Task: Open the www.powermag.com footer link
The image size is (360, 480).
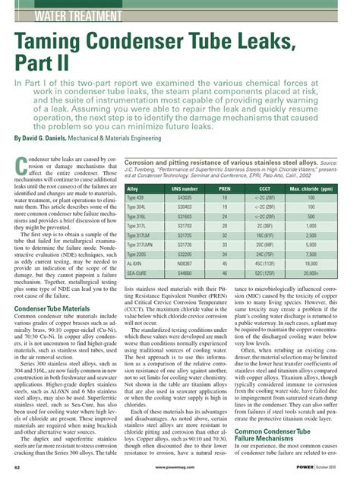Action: click(180, 467)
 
